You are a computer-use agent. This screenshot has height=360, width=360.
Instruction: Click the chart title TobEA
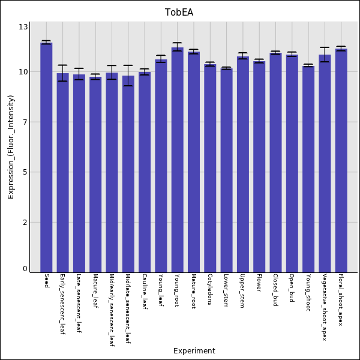coord(179,12)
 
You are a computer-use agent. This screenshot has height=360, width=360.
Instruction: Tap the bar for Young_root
coord(177,160)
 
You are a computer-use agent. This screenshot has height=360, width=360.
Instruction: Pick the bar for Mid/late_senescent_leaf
coord(128,174)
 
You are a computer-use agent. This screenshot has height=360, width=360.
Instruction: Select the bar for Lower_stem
coord(226,170)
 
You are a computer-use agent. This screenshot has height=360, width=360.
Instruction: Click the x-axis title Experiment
coord(194,351)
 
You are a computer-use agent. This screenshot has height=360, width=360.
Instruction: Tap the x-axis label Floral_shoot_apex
coord(341,300)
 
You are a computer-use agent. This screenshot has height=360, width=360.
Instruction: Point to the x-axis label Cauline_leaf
coord(145,292)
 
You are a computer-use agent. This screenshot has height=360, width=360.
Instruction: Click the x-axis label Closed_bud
coord(275,290)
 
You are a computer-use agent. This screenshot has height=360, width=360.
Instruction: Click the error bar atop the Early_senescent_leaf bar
coord(62,73)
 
